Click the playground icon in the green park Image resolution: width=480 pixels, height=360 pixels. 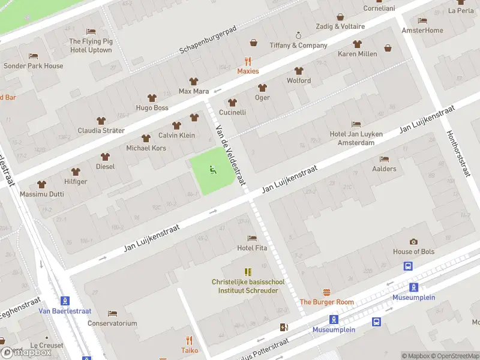point(212,171)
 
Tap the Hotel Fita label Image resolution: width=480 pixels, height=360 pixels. point(252,248)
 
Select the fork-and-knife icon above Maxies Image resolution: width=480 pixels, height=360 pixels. point(248,61)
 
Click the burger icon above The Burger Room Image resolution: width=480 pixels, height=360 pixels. point(326,292)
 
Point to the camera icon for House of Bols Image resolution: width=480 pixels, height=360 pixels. point(413,241)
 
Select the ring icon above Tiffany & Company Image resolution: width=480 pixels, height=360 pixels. point(298,35)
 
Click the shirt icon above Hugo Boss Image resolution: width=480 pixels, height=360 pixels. point(152,98)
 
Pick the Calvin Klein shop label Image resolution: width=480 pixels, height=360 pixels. point(176,135)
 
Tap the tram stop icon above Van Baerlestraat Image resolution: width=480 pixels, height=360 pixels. point(64,301)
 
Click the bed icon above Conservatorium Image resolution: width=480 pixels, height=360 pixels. point(112,313)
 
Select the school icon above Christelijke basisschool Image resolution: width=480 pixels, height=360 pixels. point(248,272)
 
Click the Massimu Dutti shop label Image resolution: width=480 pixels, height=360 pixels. point(41,195)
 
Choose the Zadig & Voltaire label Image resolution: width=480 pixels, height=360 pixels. point(341,26)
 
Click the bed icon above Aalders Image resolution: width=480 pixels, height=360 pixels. point(384,159)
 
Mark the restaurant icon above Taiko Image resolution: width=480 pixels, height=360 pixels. point(190,340)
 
